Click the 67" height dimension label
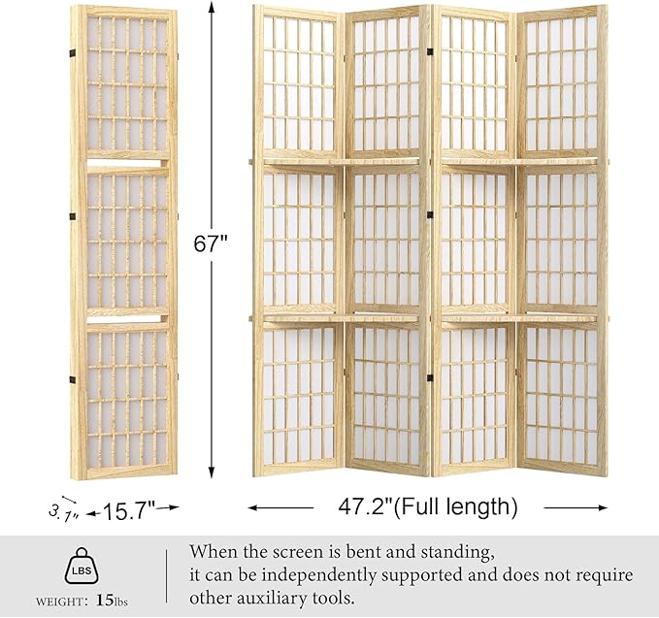click(210, 244)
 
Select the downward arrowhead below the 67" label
click(210, 472)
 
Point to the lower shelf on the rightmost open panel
click(561, 318)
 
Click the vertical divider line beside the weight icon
click(166, 577)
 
